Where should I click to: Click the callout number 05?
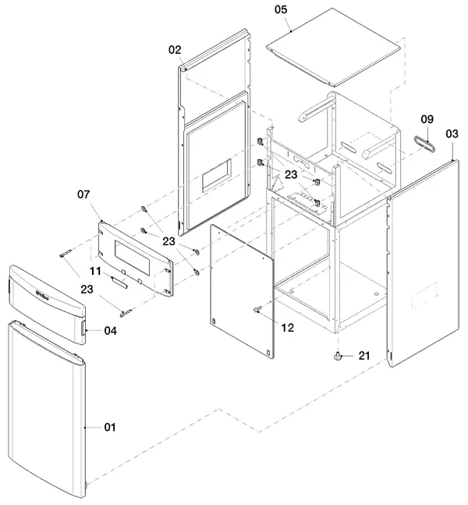click(280, 9)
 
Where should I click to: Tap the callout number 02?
click(175, 50)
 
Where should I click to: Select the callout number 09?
click(427, 119)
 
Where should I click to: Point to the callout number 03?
click(452, 133)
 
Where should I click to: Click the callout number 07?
click(83, 194)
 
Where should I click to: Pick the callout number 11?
click(95, 271)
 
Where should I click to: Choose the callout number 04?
click(110, 331)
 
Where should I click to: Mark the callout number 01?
click(110, 427)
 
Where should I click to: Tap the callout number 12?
click(288, 328)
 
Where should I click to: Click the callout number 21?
click(364, 356)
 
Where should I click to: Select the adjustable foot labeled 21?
click(337, 357)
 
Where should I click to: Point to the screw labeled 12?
click(257, 310)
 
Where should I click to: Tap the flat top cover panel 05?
click(334, 48)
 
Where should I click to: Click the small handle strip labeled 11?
click(119, 282)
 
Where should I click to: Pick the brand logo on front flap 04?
click(42, 295)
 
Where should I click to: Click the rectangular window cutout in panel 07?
click(132, 258)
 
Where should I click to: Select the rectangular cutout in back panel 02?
click(217, 176)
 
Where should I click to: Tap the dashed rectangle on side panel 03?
click(425, 296)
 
